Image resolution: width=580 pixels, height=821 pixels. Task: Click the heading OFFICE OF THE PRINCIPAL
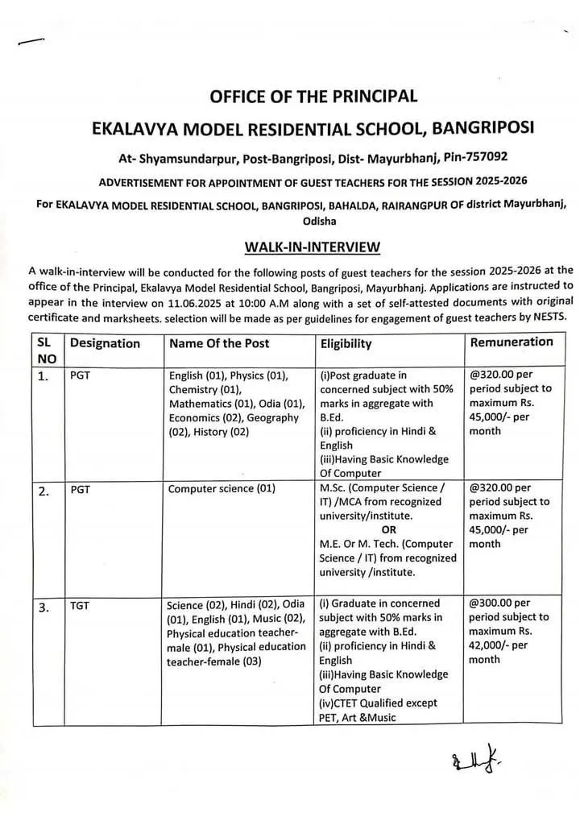coord(313,97)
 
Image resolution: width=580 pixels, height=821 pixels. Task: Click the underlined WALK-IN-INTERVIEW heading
coord(312,247)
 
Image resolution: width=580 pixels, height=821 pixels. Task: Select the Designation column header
coord(105,343)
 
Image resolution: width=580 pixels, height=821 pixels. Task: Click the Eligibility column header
coord(346,344)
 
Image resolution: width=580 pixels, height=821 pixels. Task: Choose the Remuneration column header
coord(512,342)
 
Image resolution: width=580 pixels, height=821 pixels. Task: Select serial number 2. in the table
coord(45,490)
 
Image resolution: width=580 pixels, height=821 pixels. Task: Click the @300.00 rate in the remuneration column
coord(499,603)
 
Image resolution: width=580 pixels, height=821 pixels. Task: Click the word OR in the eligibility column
coord(389,530)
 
